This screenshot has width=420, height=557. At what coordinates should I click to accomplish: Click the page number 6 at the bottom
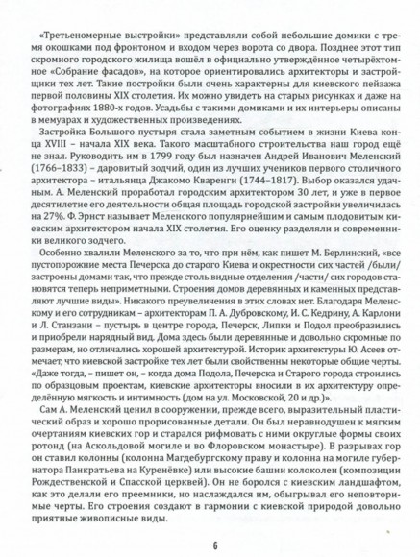(x=210, y=545)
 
